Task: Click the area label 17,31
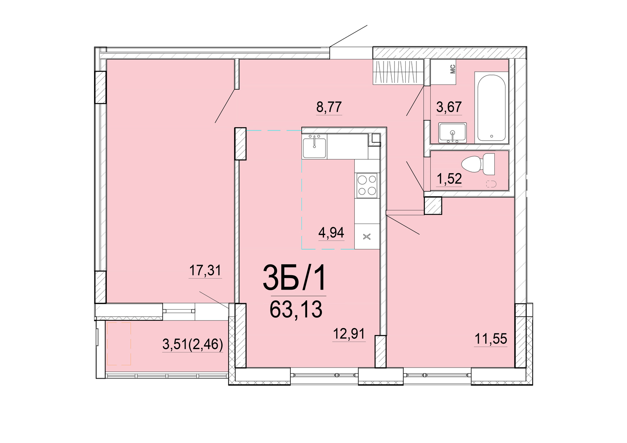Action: click(205, 271)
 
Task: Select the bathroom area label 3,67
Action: click(449, 107)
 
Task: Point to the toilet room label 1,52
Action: click(449, 179)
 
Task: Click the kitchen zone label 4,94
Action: click(331, 233)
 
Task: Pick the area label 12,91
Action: click(349, 333)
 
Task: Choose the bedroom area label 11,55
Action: click(491, 339)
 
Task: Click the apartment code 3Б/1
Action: click(294, 278)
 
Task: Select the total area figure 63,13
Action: click(296, 309)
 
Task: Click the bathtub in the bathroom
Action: click(491, 107)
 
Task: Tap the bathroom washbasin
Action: click(452, 132)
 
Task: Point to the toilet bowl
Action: click(478, 164)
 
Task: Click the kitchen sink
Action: click(315, 146)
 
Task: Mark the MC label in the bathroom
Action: click(452, 69)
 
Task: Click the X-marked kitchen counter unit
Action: click(367, 236)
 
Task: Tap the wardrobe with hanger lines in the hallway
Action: click(398, 72)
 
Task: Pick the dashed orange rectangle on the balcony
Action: click(119, 344)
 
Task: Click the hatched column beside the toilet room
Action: click(433, 206)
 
